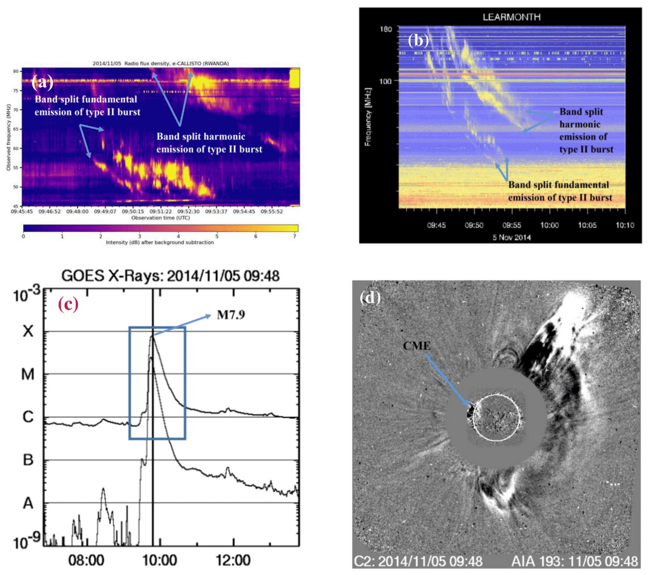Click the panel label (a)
coord(43,82)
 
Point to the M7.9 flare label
coord(231,315)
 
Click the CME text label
coord(417,346)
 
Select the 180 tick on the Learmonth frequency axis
coord(386,29)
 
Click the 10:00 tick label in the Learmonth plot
coord(549,225)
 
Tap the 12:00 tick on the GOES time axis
coord(234,561)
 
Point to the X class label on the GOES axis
coord(28,331)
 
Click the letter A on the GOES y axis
coord(28,503)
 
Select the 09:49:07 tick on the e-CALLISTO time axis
coord(105,212)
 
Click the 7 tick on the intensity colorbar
coord(294,236)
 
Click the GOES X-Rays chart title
coord(170,276)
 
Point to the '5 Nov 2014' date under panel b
coord(512,237)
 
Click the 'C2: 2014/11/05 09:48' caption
coord(418,561)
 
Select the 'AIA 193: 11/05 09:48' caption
coord(574,561)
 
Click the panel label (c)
coord(68,304)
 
